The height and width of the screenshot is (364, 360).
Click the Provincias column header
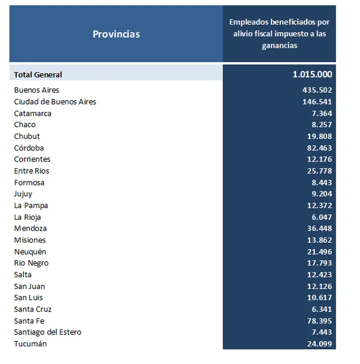click(116, 34)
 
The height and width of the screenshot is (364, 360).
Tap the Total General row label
click(38, 75)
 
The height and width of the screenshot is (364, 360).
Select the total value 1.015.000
click(312, 74)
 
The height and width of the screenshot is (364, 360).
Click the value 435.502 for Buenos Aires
click(317, 90)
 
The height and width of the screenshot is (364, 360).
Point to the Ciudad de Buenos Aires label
click(55, 102)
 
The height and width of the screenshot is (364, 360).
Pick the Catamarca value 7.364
click(322, 113)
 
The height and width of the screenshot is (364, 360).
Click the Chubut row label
click(27, 136)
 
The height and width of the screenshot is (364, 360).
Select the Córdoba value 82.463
click(320, 148)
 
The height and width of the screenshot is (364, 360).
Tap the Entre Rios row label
click(32, 171)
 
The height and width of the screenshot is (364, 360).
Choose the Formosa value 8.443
click(322, 182)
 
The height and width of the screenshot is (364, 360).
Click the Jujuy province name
click(23, 194)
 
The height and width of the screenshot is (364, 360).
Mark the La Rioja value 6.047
click(322, 218)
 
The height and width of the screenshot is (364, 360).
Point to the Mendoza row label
click(31, 228)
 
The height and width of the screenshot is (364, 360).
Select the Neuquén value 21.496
click(320, 252)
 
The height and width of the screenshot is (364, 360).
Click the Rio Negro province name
click(32, 263)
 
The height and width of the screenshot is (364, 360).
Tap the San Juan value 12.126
click(320, 287)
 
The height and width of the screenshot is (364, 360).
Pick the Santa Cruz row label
click(33, 309)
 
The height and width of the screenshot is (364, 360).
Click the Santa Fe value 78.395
click(320, 321)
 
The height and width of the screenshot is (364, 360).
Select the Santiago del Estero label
click(47, 332)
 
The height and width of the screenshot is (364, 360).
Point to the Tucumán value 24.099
click(320, 344)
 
